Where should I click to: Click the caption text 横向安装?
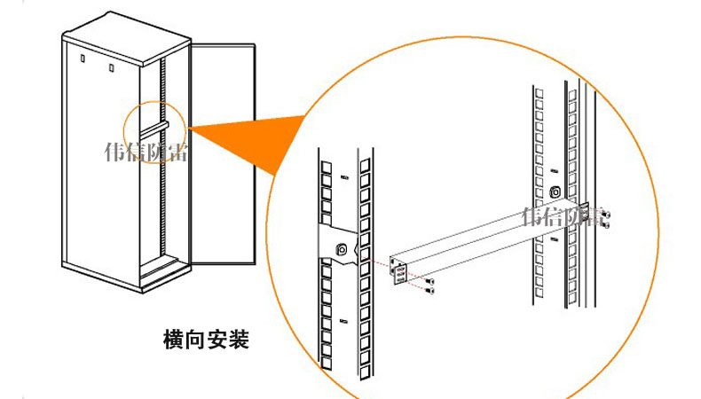[x=207, y=339]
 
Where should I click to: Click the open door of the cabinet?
[x=222, y=155]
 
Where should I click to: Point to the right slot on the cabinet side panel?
[x=111, y=66]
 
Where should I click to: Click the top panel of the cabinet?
[x=125, y=35]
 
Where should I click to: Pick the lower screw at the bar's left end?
[x=431, y=290]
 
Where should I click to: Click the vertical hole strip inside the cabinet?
[x=162, y=160]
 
